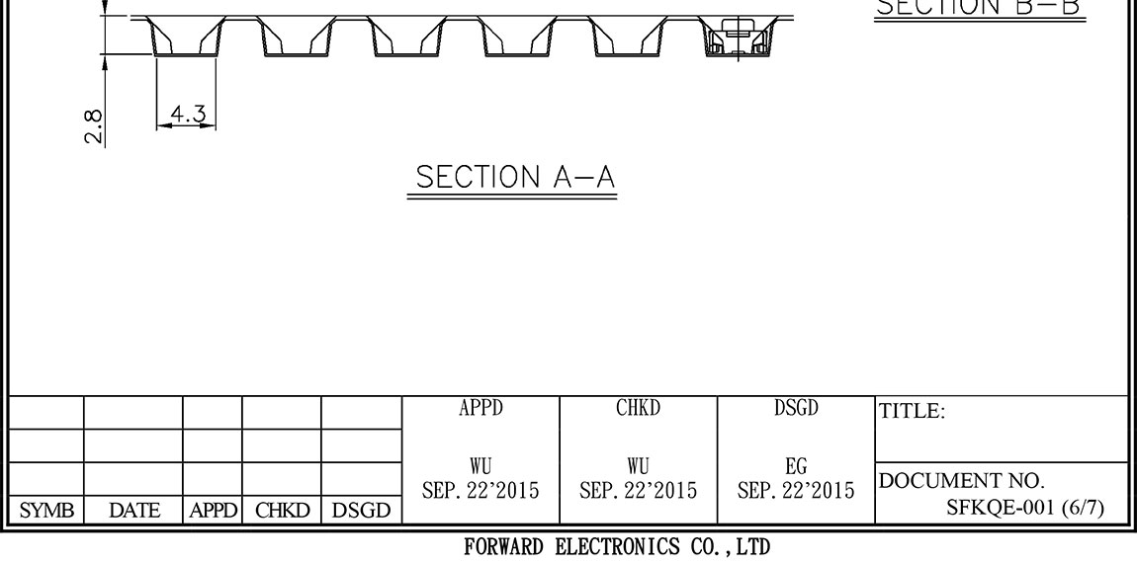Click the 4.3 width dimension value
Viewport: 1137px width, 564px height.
coord(187,115)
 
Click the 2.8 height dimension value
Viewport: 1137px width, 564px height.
coord(92,126)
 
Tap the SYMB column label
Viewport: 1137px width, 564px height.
coord(43,510)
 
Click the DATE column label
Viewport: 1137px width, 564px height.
coord(133,510)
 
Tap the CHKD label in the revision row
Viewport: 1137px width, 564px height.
coord(281,510)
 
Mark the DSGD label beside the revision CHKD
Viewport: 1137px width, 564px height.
coord(361,510)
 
